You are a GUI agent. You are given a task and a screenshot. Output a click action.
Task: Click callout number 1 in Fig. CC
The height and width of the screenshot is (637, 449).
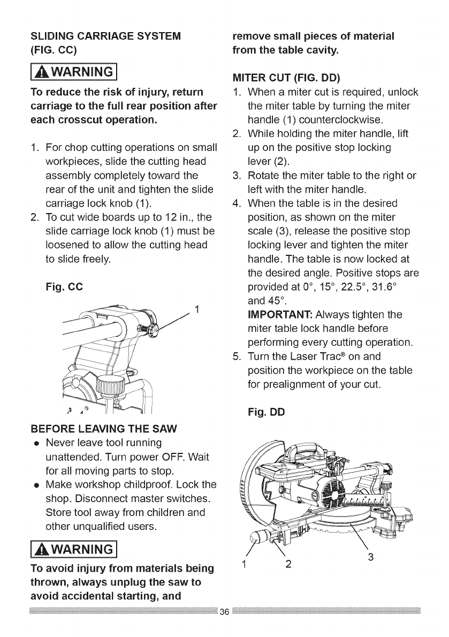click(197, 309)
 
